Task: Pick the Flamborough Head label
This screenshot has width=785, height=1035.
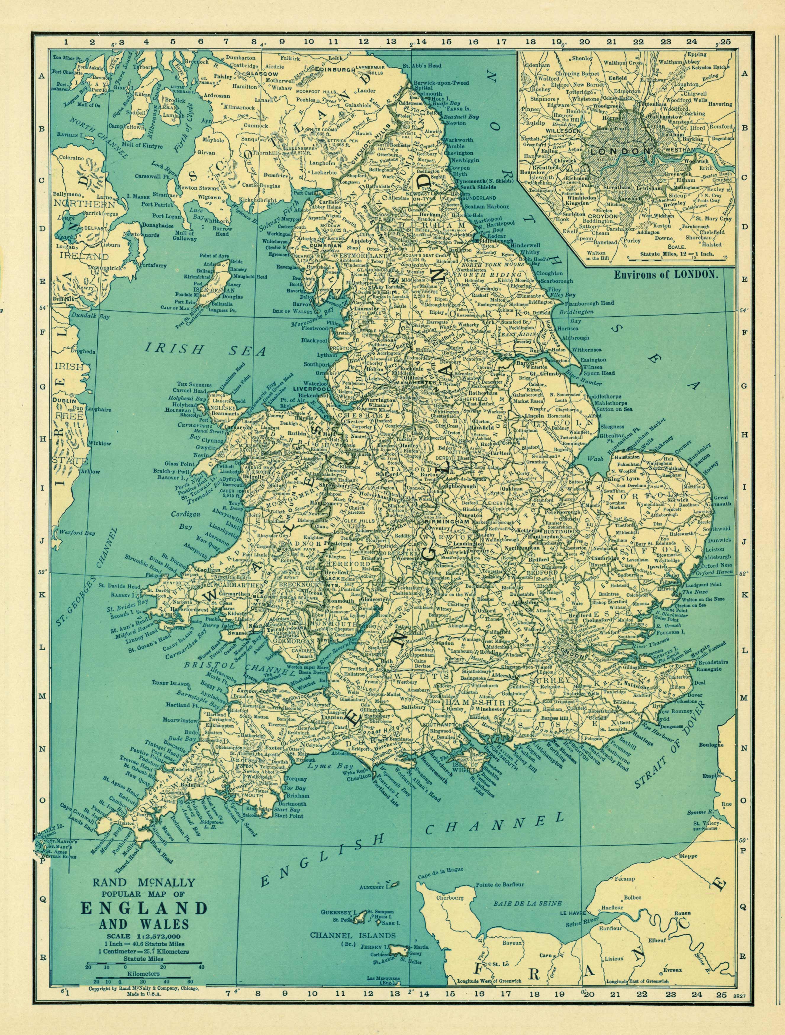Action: pos(589,303)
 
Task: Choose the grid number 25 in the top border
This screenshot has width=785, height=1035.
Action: pos(725,42)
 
